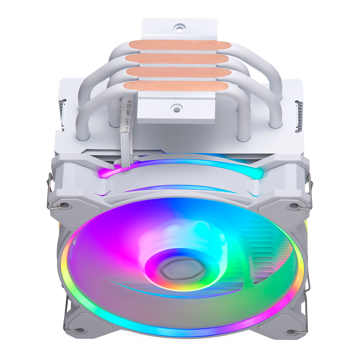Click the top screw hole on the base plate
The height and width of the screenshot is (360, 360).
click(180, 27)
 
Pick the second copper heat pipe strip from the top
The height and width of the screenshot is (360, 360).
click(178, 59)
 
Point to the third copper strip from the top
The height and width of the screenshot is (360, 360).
click(178, 72)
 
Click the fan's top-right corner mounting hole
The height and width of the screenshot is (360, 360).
click(295, 206)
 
